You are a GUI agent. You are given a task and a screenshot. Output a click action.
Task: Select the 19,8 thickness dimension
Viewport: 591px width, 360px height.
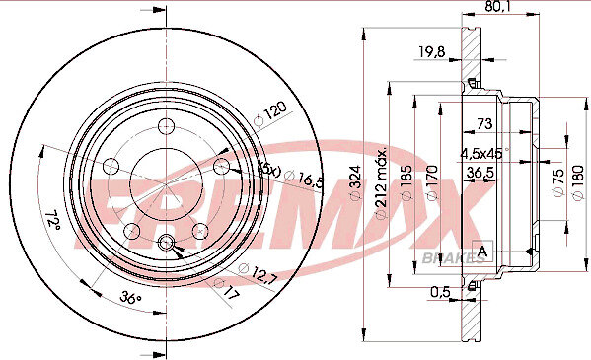click(x=432, y=51)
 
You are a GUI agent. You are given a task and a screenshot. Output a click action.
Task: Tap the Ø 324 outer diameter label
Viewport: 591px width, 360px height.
click(x=355, y=182)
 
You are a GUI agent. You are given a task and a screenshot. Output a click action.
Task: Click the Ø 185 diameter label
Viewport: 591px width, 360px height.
click(x=407, y=182)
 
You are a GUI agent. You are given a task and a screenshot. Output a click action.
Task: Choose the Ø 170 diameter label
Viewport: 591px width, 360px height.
click(x=432, y=182)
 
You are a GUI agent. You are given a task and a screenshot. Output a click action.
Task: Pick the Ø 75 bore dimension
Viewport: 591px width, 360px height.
click(x=558, y=181)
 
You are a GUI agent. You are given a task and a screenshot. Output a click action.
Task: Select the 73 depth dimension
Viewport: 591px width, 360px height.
click(x=484, y=123)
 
